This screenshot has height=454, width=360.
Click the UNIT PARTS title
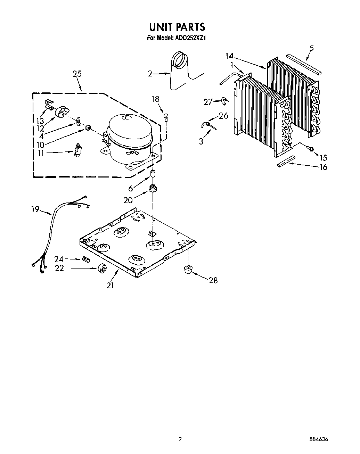(177, 27)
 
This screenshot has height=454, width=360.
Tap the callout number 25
(77, 74)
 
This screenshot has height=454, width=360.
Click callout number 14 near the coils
(229, 56)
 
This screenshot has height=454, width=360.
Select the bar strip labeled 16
(286, 162)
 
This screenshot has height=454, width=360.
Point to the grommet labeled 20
(152, 189)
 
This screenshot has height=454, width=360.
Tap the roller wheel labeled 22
(102, 269)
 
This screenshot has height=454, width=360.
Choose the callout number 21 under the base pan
(110, 285)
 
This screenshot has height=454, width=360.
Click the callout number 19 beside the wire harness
(35, 210)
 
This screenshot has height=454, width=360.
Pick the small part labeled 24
(86, 259)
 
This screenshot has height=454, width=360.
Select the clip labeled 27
(225, 101)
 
